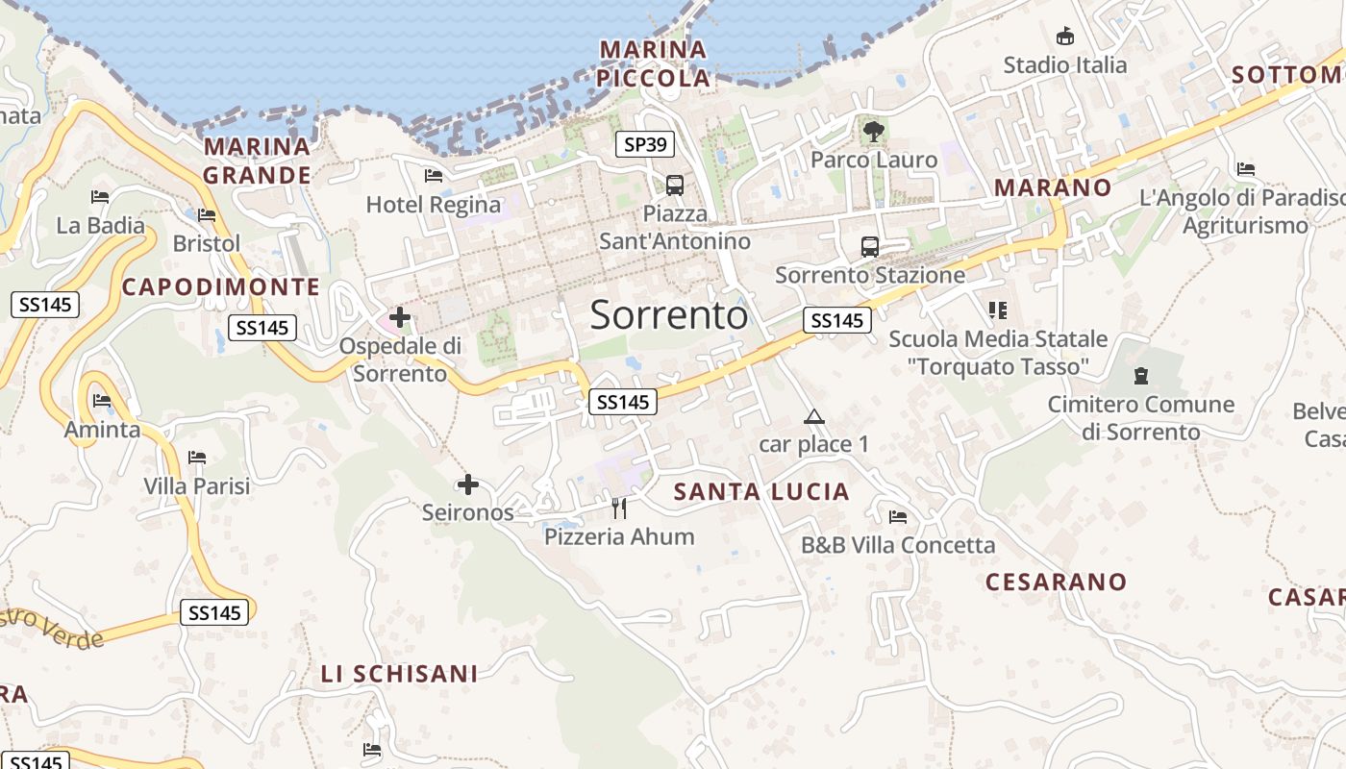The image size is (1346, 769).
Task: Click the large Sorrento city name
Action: tap(669, 315)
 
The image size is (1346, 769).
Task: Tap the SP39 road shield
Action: tap(645, 145)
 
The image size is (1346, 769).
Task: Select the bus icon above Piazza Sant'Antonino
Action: tap(675, 185)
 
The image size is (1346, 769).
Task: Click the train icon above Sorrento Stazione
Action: tap(870, 247)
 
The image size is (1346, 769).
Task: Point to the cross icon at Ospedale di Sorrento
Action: tap(400, 317)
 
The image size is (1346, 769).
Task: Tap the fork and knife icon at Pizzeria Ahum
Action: tap(619, 508)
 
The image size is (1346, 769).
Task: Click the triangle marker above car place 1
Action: tap(814, 417)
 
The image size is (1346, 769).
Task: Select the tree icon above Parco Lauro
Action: tap(873, 132)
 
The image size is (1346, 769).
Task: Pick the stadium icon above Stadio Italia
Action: tap(1064, 37)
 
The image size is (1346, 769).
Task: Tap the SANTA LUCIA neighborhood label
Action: tap(761, 492)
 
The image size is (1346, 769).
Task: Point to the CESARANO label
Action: tap(1056, 582)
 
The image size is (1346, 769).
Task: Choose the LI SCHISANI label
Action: tap(399, 674)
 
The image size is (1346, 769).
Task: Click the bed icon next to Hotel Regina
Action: tap(434, 176)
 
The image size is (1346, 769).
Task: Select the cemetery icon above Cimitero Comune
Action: tap(1140, 375)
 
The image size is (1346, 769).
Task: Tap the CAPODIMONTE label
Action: tap(221, 286)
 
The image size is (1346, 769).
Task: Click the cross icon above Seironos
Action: tap(468, 484)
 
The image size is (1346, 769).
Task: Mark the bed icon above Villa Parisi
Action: tap(197, 458)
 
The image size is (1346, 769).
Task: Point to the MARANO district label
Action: tap(1053, 187)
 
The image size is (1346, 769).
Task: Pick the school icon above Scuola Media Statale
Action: tap(998, 310)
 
